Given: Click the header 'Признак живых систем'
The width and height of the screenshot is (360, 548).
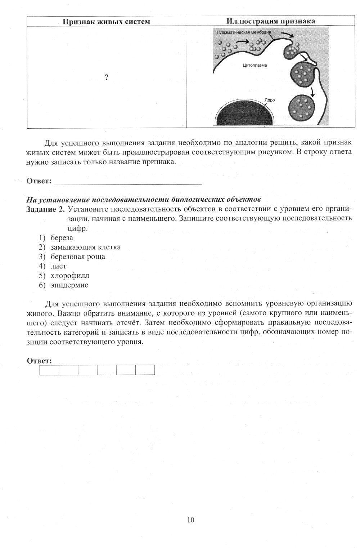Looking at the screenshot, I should click(106, 22).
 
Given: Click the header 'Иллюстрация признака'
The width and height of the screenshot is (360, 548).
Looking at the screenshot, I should click(271, 21).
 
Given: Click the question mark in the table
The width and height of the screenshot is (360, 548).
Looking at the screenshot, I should click(106, 77).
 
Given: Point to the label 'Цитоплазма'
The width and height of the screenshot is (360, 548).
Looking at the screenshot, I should click(255, 66).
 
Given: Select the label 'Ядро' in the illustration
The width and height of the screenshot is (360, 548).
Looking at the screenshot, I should click(270, 100).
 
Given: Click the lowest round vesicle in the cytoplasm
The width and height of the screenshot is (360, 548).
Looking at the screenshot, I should click(301, 107).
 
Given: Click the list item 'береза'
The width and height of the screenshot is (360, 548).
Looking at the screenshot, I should click(62, 238).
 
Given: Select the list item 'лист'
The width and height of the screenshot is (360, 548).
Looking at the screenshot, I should click(59, 266).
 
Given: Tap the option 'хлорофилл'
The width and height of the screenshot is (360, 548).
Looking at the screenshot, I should click(70, 276).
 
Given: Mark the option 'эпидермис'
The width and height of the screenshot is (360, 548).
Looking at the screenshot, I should click(69, 285).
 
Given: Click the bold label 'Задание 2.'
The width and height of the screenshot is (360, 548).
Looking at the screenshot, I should click(46, 209).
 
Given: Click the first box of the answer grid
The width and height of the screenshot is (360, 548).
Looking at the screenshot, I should click(49, 370).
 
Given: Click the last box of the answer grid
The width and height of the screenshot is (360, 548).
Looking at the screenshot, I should click(145, 370).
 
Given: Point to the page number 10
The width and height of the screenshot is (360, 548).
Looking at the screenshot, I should click(191, 520).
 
